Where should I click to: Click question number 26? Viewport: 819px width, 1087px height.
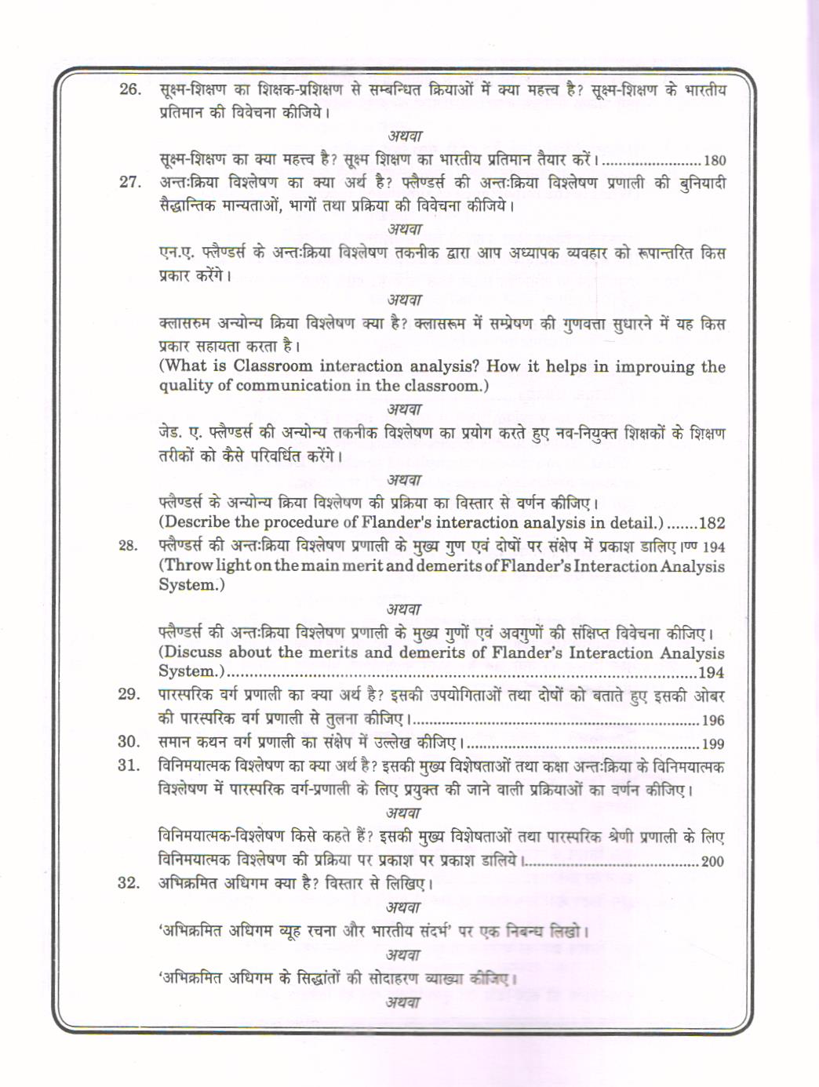129,89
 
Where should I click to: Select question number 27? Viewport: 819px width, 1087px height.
129,183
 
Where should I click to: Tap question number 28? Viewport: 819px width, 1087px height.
129,546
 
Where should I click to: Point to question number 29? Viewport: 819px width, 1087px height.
129,694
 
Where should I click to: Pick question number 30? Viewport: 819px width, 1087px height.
129,742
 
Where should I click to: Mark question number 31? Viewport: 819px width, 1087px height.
129,765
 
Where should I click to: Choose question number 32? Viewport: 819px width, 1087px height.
129,883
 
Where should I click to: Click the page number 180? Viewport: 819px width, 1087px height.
715,161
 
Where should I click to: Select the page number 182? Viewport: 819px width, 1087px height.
712,523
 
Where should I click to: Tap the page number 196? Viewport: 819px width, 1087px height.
713,721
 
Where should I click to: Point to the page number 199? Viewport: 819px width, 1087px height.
713,744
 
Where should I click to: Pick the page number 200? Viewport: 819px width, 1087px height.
712,862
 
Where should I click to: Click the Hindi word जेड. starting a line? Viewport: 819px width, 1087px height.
171,434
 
